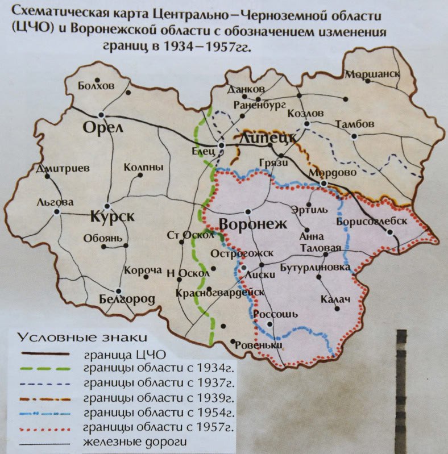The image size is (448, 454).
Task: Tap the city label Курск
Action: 112,216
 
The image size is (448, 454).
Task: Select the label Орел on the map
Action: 103,127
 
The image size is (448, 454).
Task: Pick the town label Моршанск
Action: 373,74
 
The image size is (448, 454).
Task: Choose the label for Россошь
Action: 275,314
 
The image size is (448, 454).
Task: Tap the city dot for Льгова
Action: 57,211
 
